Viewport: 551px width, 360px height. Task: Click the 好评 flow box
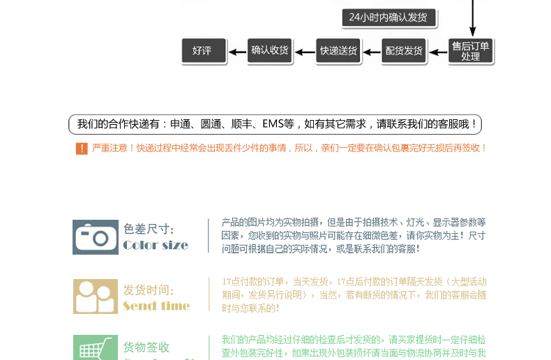click(x=202, y=50)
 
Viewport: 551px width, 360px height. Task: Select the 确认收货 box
click(x=270, y=50)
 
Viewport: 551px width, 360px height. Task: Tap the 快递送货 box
click(x=338, y=50)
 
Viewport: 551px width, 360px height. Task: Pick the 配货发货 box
click(x=404, y=50)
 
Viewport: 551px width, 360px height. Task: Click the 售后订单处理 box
click(x=471, y=51)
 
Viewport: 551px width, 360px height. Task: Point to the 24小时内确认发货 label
click(x=389, y=17)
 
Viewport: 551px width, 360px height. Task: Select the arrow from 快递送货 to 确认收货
click(x=304, y=50)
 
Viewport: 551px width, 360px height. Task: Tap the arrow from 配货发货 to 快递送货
click(x=371, y=50)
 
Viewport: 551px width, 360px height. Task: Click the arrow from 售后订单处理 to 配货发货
click(x=437, y=50)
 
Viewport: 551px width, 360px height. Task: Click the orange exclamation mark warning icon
click(x=82, y=148)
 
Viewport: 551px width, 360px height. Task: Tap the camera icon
click(x=96, y=237)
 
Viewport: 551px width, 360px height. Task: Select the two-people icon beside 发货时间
click(x=96, y=297)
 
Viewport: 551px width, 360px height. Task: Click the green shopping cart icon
click(x=96, y=348)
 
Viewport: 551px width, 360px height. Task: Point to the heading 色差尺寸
click(x=149, y=229)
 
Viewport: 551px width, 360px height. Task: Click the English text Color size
click(x=156, y=245)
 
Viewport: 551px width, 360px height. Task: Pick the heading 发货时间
click(x=149, y=290)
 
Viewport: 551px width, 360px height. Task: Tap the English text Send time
click(x=156, y=306)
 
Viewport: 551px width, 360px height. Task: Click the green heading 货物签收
click(x=146, y=347)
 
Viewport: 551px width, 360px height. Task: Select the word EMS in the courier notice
click(x=273, y=125)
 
